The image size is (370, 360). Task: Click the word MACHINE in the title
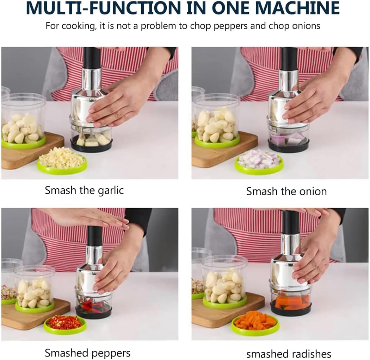coord(297,8)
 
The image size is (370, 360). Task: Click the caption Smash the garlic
coord(84,190)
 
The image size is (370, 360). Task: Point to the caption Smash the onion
coord(286,191)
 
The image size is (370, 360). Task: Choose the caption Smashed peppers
coord(87,353)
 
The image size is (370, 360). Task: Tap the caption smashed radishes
coord(289,354)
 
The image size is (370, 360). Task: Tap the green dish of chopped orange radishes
coord(255,323)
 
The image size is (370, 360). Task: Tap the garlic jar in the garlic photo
coord(24,121)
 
